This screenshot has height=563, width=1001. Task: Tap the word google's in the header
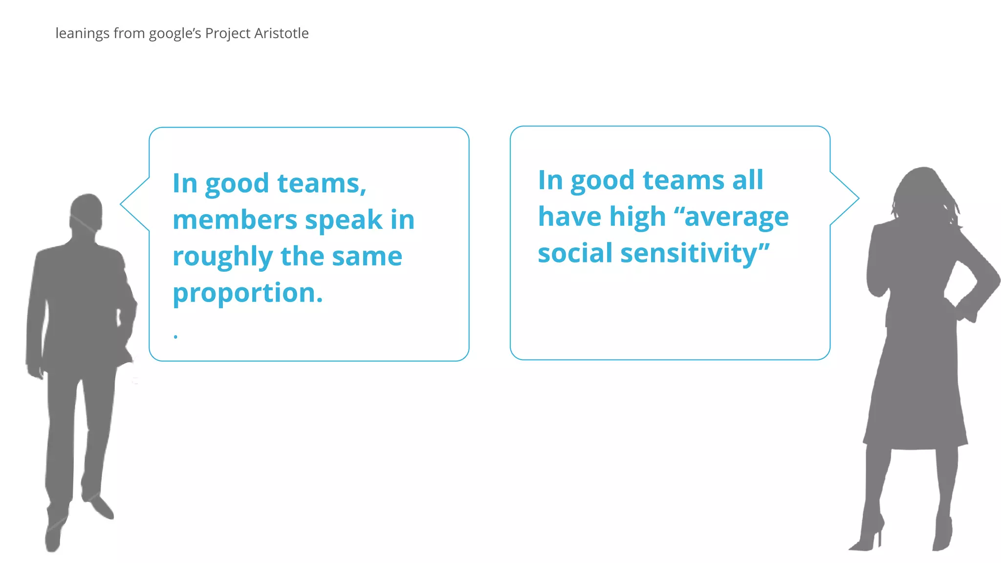pos(175,33)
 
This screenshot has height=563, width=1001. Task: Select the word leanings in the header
pos(83,33)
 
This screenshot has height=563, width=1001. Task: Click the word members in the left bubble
pos(235,219)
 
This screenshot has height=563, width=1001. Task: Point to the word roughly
pos(222,257)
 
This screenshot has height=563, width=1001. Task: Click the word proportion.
pos(247,293)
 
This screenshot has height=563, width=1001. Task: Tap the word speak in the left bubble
pos(344,219)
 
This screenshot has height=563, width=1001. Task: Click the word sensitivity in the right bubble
pos(695,253)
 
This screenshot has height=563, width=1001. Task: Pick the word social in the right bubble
pos(575,253)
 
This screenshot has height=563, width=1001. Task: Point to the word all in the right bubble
pos(747,180)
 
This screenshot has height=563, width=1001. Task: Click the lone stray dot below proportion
pos(175,336)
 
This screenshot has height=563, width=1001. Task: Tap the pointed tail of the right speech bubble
pos(853,198)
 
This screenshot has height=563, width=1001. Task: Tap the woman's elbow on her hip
pos(992,283)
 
